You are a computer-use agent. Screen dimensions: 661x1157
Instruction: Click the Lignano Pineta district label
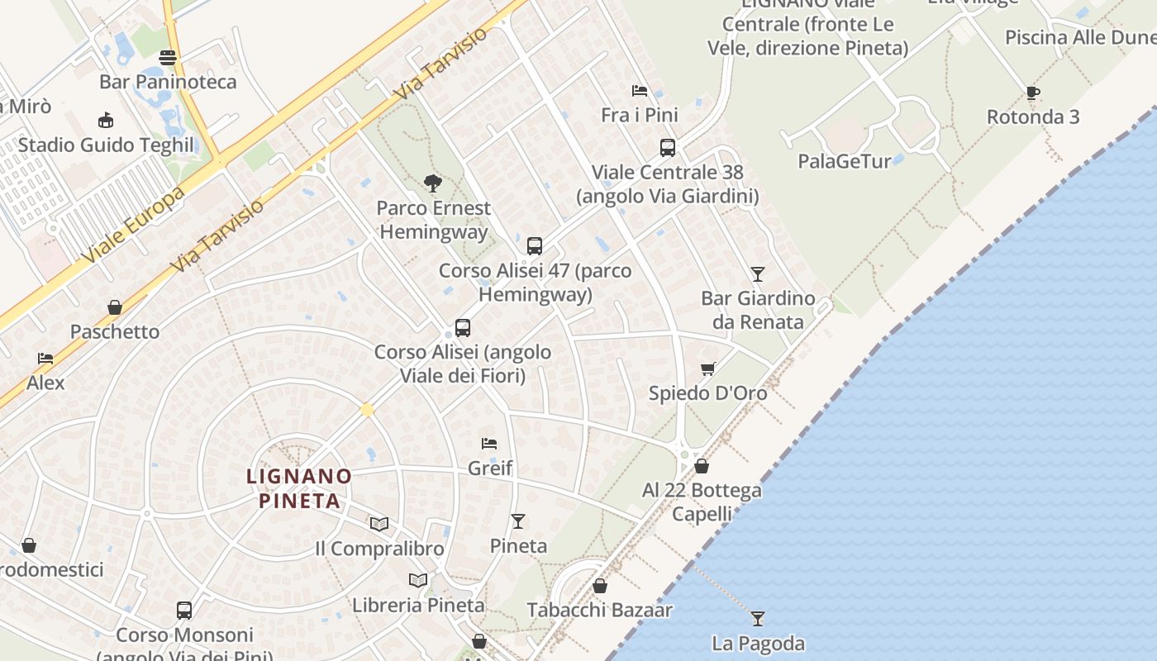click(x=299, y=488)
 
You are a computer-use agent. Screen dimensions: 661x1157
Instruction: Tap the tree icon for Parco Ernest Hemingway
click(x=432, y=183)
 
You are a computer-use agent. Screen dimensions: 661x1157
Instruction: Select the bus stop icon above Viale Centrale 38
click(x=667, y=148)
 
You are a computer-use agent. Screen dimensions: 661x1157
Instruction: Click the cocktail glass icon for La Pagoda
click(x=757, y=618)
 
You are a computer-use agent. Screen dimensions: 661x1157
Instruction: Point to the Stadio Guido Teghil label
click(x=106, y=145)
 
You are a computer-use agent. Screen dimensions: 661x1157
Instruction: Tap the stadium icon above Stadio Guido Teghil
click(x=105, y=121)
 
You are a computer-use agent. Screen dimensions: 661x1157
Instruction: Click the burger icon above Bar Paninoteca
click(x=168, y=58)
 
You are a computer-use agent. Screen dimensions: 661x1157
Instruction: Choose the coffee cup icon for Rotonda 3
click(x=1032, y=93)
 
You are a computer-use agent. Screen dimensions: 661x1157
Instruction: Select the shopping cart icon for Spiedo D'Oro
click(x=707, y=369)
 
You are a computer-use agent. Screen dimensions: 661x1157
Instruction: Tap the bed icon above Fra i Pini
click(x=639, y=91)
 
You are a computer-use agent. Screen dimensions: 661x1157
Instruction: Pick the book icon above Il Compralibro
click(x=379, y=524)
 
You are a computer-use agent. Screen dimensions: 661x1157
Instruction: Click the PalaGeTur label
click(x=845, y=161)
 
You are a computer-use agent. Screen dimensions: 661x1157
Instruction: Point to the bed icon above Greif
click(x=489, y=444)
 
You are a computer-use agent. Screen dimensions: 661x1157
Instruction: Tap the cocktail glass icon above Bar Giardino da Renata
click(x=757, y=273)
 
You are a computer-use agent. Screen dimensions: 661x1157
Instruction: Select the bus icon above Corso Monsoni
click(x=184, y=611)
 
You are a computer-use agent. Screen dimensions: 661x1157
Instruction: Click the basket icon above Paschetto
click(x=115, y=307)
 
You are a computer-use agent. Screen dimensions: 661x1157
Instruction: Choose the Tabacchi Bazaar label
click(x=600, y=611)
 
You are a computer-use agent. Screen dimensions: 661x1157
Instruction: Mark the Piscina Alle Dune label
click(x=1080, y=38)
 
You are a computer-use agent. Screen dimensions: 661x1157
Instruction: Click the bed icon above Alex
click(x=45, y=359)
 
